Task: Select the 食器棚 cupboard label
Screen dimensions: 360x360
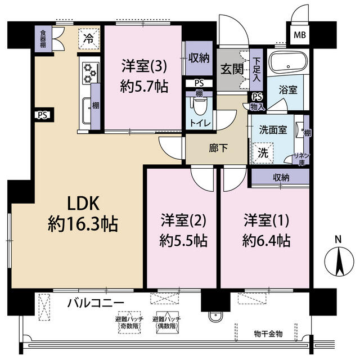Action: tap(43, 39)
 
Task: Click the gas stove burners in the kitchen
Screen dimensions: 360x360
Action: tap(89, 71)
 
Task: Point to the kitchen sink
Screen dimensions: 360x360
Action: tap(86, 109)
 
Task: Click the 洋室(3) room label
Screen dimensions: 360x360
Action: tap(143, 66)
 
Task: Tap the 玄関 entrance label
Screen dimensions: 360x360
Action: tap(230, 70)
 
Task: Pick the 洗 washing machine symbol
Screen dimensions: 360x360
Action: tap(263, 151)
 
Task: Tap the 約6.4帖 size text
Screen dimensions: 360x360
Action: tap(267, 241)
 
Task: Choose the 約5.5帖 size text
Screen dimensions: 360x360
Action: tap(183, 241)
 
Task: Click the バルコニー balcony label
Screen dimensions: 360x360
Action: tap(96, 303)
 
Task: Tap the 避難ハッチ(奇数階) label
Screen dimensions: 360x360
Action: tap(128, 322)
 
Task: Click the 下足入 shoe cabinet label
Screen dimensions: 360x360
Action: tap(256, 68)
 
